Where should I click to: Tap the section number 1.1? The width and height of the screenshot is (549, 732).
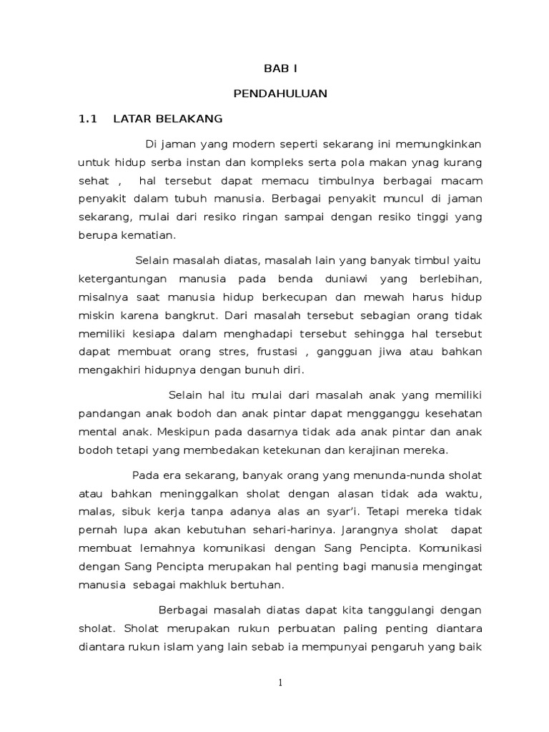tap(87, 119)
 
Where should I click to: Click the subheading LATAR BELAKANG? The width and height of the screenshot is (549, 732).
tap(168, 119)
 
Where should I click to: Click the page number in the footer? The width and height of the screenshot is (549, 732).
tap(281, 683)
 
